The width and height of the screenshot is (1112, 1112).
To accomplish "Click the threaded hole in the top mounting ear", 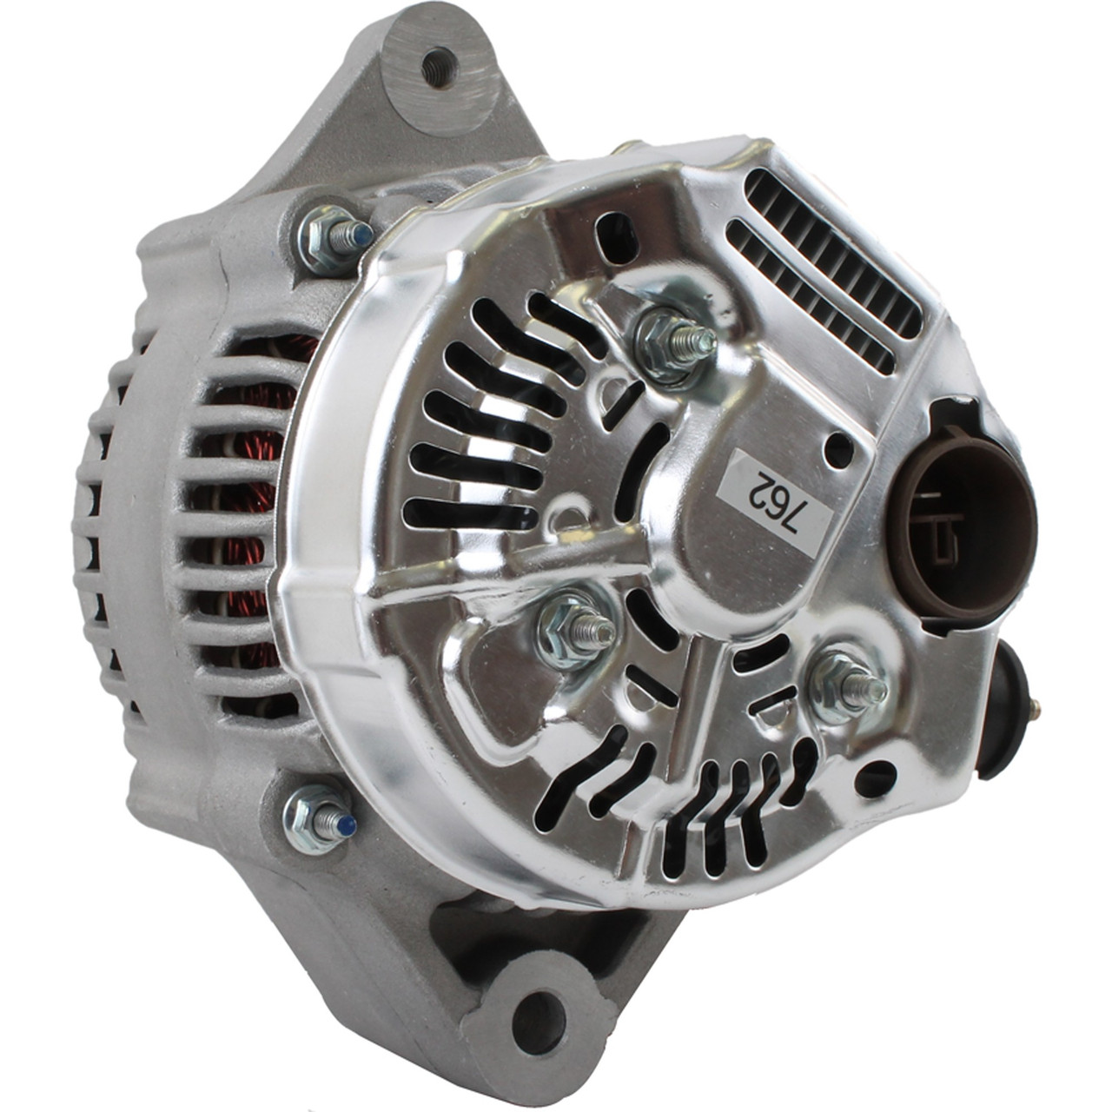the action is pyautogui.click(x=440, y=68).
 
